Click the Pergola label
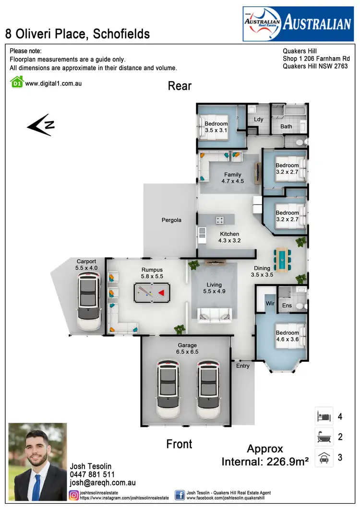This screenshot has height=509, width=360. tap(171, 220)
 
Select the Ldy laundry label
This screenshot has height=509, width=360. tap(258, 119)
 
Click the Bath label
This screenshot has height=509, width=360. tap(286, 127)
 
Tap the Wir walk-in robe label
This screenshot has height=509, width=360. tap(270, 304)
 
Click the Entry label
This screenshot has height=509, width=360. tap(243, 366)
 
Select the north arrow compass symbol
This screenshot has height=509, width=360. tap(40, 125)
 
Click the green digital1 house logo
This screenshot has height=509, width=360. tap(17, 83)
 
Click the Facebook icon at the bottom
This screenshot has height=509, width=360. tap(180, 495)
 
